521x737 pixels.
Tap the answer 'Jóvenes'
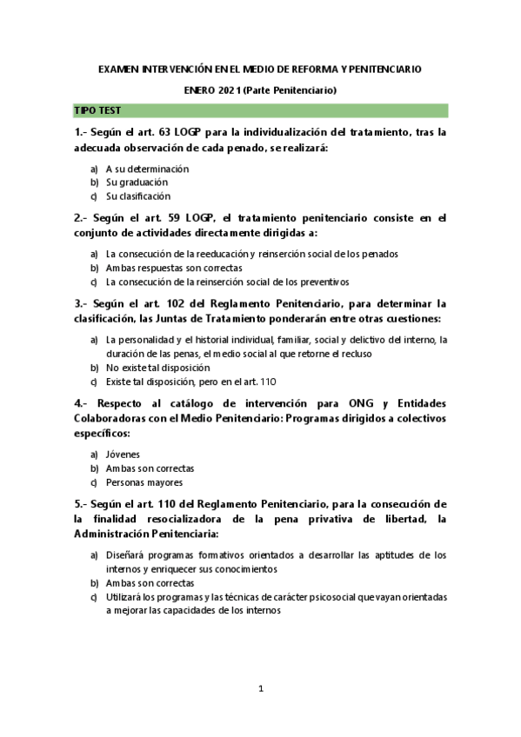[x=123, y=454]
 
